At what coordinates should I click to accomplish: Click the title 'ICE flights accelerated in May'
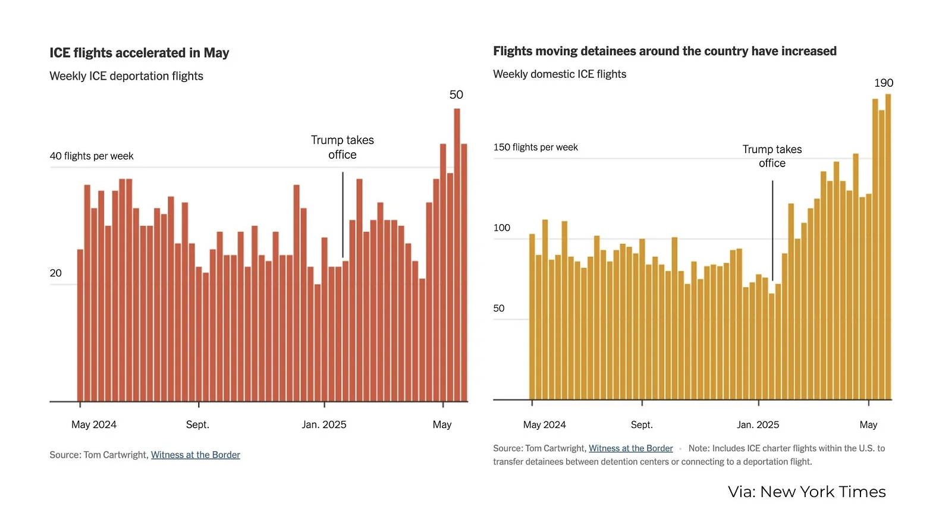click(x=139, y=53)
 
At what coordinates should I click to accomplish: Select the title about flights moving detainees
click(x=664, y=51)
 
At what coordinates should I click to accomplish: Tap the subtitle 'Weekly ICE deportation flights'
click(x=126, y=76)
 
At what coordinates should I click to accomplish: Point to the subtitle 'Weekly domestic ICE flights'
click(x=559, y=74)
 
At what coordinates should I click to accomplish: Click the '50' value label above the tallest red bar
click(x=456, y=95)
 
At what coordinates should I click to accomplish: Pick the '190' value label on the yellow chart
click(x=883, y=83)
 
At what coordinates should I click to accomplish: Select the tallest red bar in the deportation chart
click(x=457, y=256)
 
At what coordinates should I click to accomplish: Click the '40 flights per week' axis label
click(x=92, y=156)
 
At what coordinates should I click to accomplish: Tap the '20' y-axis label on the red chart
click(x=55, y=273)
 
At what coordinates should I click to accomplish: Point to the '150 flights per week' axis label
click(x=535, y=147)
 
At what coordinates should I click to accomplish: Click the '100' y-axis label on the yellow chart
click(x=501, y=228)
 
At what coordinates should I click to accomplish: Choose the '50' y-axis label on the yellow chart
click(x=498, y=308)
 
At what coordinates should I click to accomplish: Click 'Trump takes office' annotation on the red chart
click(x=343, y=147)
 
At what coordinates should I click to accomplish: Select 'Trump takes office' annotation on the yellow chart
click(x=772, y=156)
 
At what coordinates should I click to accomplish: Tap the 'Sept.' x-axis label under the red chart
click(x=197, y=424)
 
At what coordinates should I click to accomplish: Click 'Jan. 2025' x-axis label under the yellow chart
click(x=758, y=424)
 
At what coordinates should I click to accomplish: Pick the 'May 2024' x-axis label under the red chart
click(x=94, y=424)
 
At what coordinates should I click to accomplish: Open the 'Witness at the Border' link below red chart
click(x=195, y=455)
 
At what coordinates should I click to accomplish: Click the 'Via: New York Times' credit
click(x=806, y=492)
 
